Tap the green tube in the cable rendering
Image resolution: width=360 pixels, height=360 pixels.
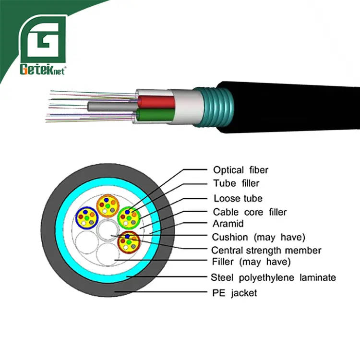(x=154, y=116)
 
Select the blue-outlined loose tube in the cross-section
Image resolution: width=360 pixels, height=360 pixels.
(x=87, y=220)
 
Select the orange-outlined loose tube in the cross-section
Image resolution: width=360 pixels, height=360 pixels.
(x=108, y=205)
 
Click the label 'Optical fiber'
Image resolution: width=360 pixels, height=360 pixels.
(x=240, y=170)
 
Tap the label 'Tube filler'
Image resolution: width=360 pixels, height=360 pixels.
(x=236, y=183)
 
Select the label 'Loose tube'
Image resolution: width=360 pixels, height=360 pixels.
(x=238, y=198)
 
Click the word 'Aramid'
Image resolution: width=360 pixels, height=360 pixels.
(x=228, y=223)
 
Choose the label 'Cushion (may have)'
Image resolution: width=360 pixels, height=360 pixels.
(x=258, y=237)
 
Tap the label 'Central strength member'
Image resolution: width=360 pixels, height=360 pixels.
(x=266, y=250)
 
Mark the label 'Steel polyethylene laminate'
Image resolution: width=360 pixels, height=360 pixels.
(x=273, y=277)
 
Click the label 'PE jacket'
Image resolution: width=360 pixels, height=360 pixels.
(x=234, y=292)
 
